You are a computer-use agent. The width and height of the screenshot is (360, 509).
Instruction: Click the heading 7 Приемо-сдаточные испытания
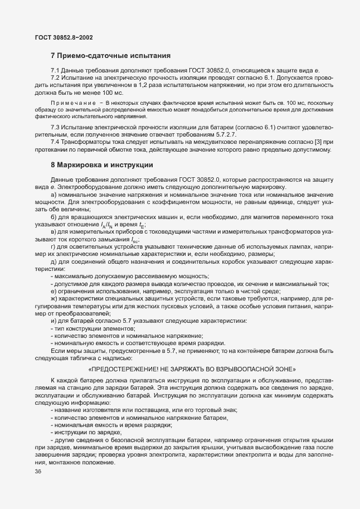click(x=110, y=56)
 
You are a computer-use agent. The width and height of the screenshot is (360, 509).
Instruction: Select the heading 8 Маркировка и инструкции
click(x=101, y=165)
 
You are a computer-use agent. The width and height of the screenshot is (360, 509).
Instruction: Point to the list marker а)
click(x=53, y=193)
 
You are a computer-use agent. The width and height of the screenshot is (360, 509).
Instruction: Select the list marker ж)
click(x=53, y=299)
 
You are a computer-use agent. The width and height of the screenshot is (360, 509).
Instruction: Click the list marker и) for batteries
click(x=53, y=321)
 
